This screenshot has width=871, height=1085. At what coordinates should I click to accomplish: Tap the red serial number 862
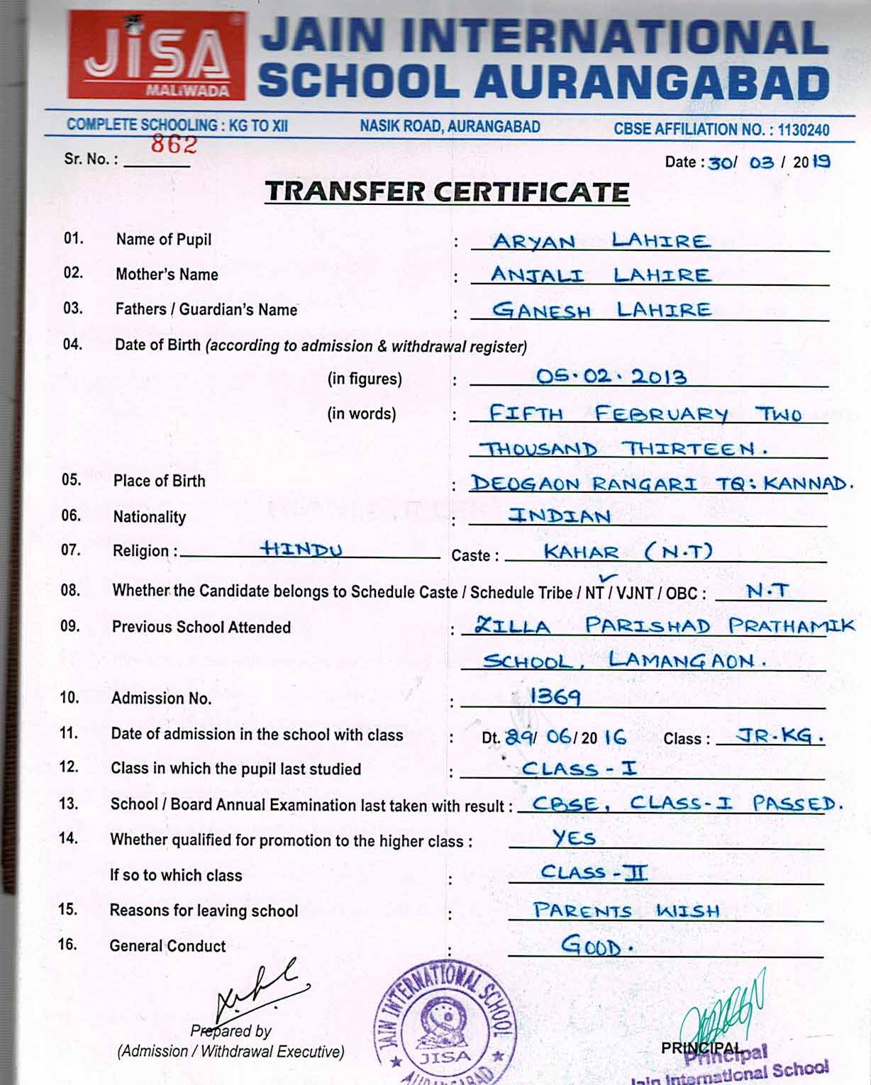[x=174, y=144]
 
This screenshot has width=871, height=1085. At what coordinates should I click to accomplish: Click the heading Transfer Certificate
[x=447, y=192]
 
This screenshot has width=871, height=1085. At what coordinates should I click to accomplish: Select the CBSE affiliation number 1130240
[x=803, y=130]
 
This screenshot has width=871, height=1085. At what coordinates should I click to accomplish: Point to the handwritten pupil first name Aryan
[x=533, y=242]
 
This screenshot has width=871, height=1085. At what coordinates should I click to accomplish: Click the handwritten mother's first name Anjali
[x=537, y=275]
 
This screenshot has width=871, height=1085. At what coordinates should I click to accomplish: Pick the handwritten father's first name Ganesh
[x=541, y=310]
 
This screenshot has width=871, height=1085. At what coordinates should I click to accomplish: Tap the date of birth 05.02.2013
[x=611, y=376]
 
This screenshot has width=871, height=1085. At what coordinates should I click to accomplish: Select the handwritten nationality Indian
[x=560, y=516]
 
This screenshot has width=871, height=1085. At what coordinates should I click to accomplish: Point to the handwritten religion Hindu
[x=301, y=549]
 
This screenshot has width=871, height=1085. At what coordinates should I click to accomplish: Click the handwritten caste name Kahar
[x=581, y=552]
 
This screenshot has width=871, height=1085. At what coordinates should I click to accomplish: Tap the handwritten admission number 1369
[x=555, y=697]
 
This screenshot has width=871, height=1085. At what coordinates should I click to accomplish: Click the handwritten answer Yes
[x=574, y=838]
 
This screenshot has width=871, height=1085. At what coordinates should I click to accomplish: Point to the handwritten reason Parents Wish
[x=626, y=911]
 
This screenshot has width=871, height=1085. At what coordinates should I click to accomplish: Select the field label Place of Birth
[x=159, y=481]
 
